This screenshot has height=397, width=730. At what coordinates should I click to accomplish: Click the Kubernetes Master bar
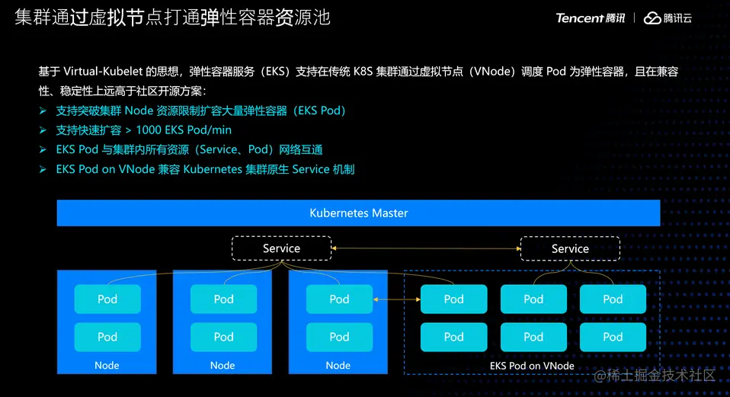click(358, 213)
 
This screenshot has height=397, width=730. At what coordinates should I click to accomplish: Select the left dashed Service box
click(281, 248)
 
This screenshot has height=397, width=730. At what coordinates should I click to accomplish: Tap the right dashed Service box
click(570, 248)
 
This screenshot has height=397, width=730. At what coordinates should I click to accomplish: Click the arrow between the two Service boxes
click(425, 248)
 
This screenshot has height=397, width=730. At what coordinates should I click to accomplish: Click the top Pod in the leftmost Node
click(107, 299)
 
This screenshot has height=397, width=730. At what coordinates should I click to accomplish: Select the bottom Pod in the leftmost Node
click(107, 337)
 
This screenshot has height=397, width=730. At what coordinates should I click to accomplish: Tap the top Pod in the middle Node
click(223, 299)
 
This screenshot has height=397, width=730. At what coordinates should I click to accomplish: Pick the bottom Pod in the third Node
click(339, 337)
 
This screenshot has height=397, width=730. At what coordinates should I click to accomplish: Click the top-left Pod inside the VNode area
click(453, 299)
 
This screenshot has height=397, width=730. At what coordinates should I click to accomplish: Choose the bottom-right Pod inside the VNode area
click(613, 337)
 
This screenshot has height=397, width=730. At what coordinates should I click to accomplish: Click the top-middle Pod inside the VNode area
click(533, 299)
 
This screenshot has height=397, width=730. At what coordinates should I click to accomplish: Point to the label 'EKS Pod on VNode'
click(532, 366)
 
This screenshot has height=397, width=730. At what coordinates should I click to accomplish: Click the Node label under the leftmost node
click(107, 366)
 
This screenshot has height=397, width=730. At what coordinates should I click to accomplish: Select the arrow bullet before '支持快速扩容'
click(43, 130)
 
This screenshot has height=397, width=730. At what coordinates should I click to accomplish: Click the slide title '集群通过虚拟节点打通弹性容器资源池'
click(172, 18)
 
